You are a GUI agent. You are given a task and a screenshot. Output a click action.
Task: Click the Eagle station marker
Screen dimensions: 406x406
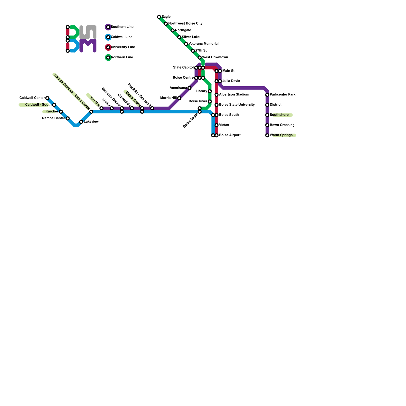[159, 17]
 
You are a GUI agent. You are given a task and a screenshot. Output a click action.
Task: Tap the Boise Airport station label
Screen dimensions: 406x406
[230, 135]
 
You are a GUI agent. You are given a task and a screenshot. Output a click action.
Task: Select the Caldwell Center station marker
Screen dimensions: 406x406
[47, 98]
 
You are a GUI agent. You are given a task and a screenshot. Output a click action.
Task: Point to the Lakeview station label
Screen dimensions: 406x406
[91, 122]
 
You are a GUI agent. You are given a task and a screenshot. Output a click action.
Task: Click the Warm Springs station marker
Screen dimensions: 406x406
[267, 136]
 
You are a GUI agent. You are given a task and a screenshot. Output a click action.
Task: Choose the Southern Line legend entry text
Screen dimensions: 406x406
[122, 27]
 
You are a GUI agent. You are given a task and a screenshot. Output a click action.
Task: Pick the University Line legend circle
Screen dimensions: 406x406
[108, 47]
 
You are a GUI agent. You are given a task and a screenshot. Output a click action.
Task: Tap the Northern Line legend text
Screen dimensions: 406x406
[122, 57]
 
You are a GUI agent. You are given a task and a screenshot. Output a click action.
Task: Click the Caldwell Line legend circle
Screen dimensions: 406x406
[108, 37]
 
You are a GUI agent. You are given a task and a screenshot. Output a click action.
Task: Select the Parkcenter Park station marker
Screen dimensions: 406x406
[267, 95]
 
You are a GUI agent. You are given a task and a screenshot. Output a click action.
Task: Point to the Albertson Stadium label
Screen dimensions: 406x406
[234, 95]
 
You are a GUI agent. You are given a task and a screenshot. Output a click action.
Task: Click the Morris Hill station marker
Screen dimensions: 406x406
[179, 98]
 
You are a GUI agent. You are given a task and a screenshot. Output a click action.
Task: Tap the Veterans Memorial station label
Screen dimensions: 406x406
[204, 44]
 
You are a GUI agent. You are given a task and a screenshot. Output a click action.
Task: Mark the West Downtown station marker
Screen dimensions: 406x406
[200, 58]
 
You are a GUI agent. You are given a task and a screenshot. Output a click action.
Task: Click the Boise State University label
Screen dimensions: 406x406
[237, 105]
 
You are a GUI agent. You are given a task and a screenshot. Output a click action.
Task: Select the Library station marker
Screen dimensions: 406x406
[210, 91]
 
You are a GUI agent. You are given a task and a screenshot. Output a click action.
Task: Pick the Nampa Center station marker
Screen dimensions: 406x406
[68, 119]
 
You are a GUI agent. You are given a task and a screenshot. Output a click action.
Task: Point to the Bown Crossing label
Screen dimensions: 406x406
[282, 125]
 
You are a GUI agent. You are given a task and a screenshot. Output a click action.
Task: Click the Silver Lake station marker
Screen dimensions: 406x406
[179, 37]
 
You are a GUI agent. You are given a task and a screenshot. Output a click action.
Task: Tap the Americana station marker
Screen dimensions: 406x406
[190, 88]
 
